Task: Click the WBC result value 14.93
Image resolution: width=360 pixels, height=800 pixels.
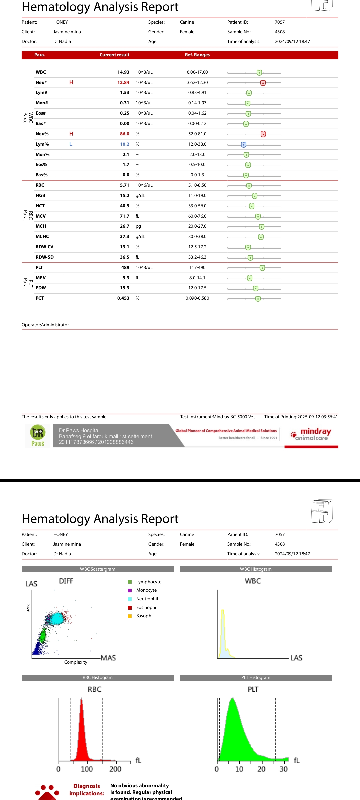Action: tap(123, 72)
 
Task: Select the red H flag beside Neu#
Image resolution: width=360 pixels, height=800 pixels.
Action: tap(71, 82)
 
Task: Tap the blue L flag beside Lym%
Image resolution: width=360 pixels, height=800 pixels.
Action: tap(71, 144)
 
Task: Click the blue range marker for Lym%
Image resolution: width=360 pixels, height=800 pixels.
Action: tap(244, 144)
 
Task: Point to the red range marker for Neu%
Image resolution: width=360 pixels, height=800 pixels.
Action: tap(263, 134)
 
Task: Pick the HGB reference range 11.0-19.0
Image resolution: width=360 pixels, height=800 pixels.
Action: tap(197, 196)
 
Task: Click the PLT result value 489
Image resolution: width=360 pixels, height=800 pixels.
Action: tap(125, 268)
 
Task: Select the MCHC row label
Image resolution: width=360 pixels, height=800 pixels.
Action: tap(42, 237)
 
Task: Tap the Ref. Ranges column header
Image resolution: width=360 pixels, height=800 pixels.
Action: tap(197, 55)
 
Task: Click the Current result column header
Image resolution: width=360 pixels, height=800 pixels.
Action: tap(114, 55)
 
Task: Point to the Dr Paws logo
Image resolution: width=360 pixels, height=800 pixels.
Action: tap(38, 436)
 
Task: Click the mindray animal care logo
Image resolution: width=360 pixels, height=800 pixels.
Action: tap(311, 435)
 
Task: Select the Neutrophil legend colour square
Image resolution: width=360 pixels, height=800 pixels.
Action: tap(130, 599)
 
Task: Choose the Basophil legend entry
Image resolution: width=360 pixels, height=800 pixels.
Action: tap(145, 616)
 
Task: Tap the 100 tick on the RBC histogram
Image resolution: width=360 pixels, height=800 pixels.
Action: tap(87, 769)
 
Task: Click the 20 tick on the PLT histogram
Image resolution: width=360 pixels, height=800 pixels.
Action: tap(262, 769)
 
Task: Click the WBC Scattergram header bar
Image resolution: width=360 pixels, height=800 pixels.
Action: tap(98, 569)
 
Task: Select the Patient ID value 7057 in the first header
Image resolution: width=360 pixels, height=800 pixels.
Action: tap(280, 22)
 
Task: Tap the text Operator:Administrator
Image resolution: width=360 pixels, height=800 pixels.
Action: tap(45, 325)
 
